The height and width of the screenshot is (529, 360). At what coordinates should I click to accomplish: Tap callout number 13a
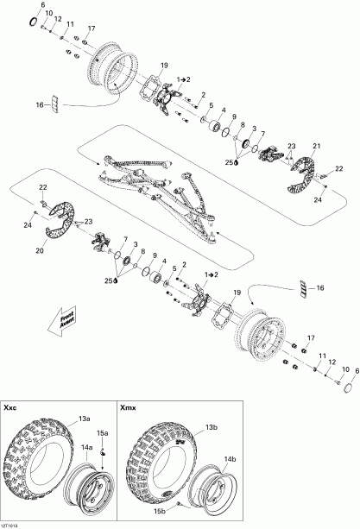point(84,419)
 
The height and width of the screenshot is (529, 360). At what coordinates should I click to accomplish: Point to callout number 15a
point(102,432)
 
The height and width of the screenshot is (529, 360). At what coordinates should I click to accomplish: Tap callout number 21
point(316,146)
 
